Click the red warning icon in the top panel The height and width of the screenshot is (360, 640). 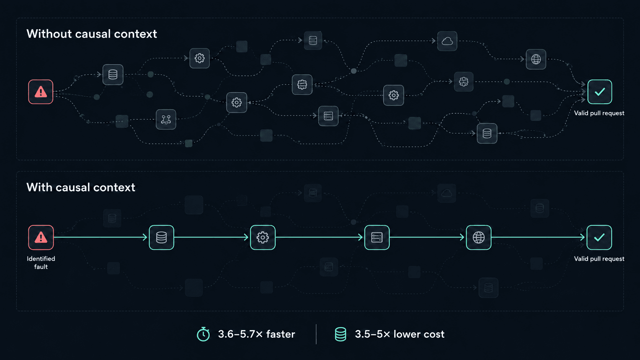41,92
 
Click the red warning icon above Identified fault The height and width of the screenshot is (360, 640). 41,237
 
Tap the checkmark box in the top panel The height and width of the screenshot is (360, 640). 600,92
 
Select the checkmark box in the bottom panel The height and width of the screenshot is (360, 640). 599,237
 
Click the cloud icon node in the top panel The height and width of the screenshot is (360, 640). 447,41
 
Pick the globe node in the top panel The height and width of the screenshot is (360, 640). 536,59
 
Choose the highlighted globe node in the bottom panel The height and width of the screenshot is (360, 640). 478,237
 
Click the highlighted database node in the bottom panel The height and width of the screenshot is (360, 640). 162,237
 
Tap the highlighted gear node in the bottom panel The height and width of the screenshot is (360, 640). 263,237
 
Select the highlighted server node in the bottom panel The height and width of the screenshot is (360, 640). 377,237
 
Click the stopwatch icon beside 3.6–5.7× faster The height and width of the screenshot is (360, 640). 203,334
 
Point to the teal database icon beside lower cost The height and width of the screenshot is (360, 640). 340,334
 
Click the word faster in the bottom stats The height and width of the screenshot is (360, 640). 281,334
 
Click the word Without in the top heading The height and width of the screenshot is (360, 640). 49,34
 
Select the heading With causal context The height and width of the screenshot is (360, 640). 81,187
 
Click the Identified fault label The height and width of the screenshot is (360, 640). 41,263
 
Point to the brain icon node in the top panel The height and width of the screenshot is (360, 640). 464,82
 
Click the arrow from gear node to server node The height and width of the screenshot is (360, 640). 319,237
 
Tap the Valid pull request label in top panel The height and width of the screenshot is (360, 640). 599,113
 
